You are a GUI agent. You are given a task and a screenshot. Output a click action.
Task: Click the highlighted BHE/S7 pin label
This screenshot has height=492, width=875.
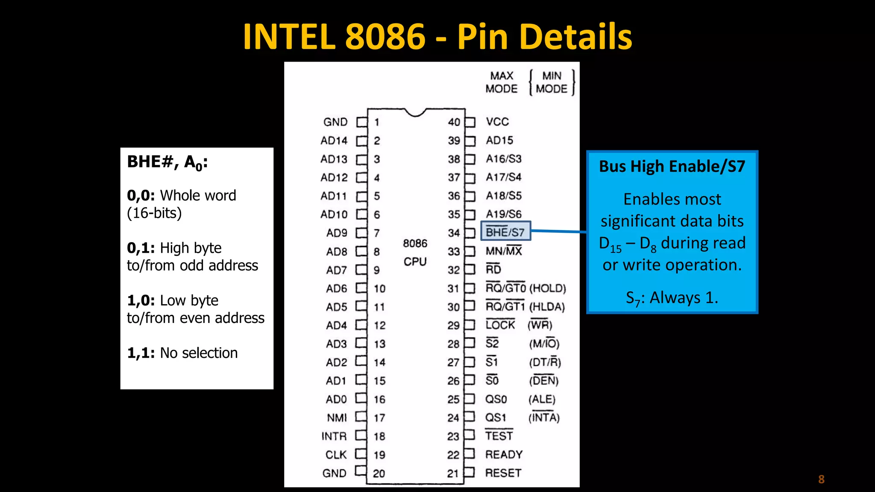505,232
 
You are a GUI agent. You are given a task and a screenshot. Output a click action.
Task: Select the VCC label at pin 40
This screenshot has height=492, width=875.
497,122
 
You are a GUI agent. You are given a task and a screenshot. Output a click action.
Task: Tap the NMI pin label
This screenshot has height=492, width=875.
337,418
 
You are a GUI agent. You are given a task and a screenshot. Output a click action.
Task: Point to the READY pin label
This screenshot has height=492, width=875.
504,454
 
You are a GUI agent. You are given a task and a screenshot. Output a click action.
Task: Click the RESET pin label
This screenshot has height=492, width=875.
503,473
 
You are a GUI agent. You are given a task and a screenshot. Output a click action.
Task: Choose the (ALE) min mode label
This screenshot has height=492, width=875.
542,399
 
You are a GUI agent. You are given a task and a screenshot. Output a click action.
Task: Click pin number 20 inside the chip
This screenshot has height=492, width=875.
379,473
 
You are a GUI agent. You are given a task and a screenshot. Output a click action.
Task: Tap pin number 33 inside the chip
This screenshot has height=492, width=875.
454,252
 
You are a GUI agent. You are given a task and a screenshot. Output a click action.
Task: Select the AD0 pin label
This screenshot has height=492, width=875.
336,399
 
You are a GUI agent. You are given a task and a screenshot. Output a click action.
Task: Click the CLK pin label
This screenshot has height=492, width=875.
336,455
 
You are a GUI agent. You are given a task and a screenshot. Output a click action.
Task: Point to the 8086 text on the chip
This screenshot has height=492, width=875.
415,243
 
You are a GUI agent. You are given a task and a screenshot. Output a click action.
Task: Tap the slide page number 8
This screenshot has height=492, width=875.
821,479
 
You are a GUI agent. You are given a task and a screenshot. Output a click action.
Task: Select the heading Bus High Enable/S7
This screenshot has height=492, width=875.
672,166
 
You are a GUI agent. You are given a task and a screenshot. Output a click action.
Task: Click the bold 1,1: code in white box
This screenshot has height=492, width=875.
141,353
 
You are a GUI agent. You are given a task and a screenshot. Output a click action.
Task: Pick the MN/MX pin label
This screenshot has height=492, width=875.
504,251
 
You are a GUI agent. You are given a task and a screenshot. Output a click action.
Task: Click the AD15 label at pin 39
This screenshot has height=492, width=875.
499,140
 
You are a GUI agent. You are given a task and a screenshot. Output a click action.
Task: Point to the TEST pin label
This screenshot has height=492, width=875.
499,436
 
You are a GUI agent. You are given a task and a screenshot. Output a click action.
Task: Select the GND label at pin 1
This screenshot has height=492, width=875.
335,122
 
